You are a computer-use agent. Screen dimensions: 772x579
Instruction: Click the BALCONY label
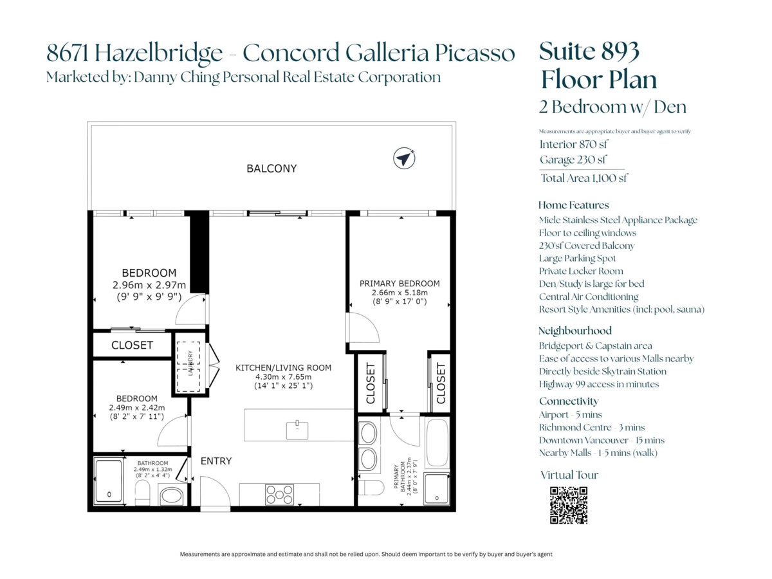pos(271,169)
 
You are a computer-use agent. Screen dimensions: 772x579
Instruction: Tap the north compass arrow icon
pos(404,158)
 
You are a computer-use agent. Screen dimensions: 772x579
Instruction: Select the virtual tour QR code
pos(568,505)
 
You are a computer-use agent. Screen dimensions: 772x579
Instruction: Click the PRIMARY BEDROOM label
pos(400,283)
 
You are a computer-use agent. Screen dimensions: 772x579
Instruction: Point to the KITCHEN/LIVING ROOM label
pos(283,368)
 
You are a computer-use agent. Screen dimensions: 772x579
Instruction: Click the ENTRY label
pos(216,461)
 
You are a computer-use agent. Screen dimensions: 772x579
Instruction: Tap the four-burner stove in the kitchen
pos(279,495)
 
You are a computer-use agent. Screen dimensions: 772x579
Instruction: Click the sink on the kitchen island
pos(297,430)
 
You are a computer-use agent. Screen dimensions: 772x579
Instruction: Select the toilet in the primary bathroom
pos(371,487)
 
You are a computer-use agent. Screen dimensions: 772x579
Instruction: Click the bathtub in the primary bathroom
pos(437,443)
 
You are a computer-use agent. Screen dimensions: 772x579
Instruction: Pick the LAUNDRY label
pos(190,363)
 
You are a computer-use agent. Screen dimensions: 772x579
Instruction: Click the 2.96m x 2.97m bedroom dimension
pos(149,285)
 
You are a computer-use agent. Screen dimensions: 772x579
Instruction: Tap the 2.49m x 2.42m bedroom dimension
pos(137,408)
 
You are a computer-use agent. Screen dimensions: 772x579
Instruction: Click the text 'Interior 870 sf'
pos(574,144)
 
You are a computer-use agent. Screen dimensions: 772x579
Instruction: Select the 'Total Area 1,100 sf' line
pos(584,178)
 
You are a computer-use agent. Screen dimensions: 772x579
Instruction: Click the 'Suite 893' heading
pos(589,51)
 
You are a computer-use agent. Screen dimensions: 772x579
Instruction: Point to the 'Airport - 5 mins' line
pos(571,415)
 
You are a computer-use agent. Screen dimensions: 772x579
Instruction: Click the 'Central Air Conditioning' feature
pos(589,297)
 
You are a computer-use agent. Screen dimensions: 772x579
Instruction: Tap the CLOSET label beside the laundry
pos(133,345)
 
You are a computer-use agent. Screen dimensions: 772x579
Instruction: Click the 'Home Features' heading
pos(574,205)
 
